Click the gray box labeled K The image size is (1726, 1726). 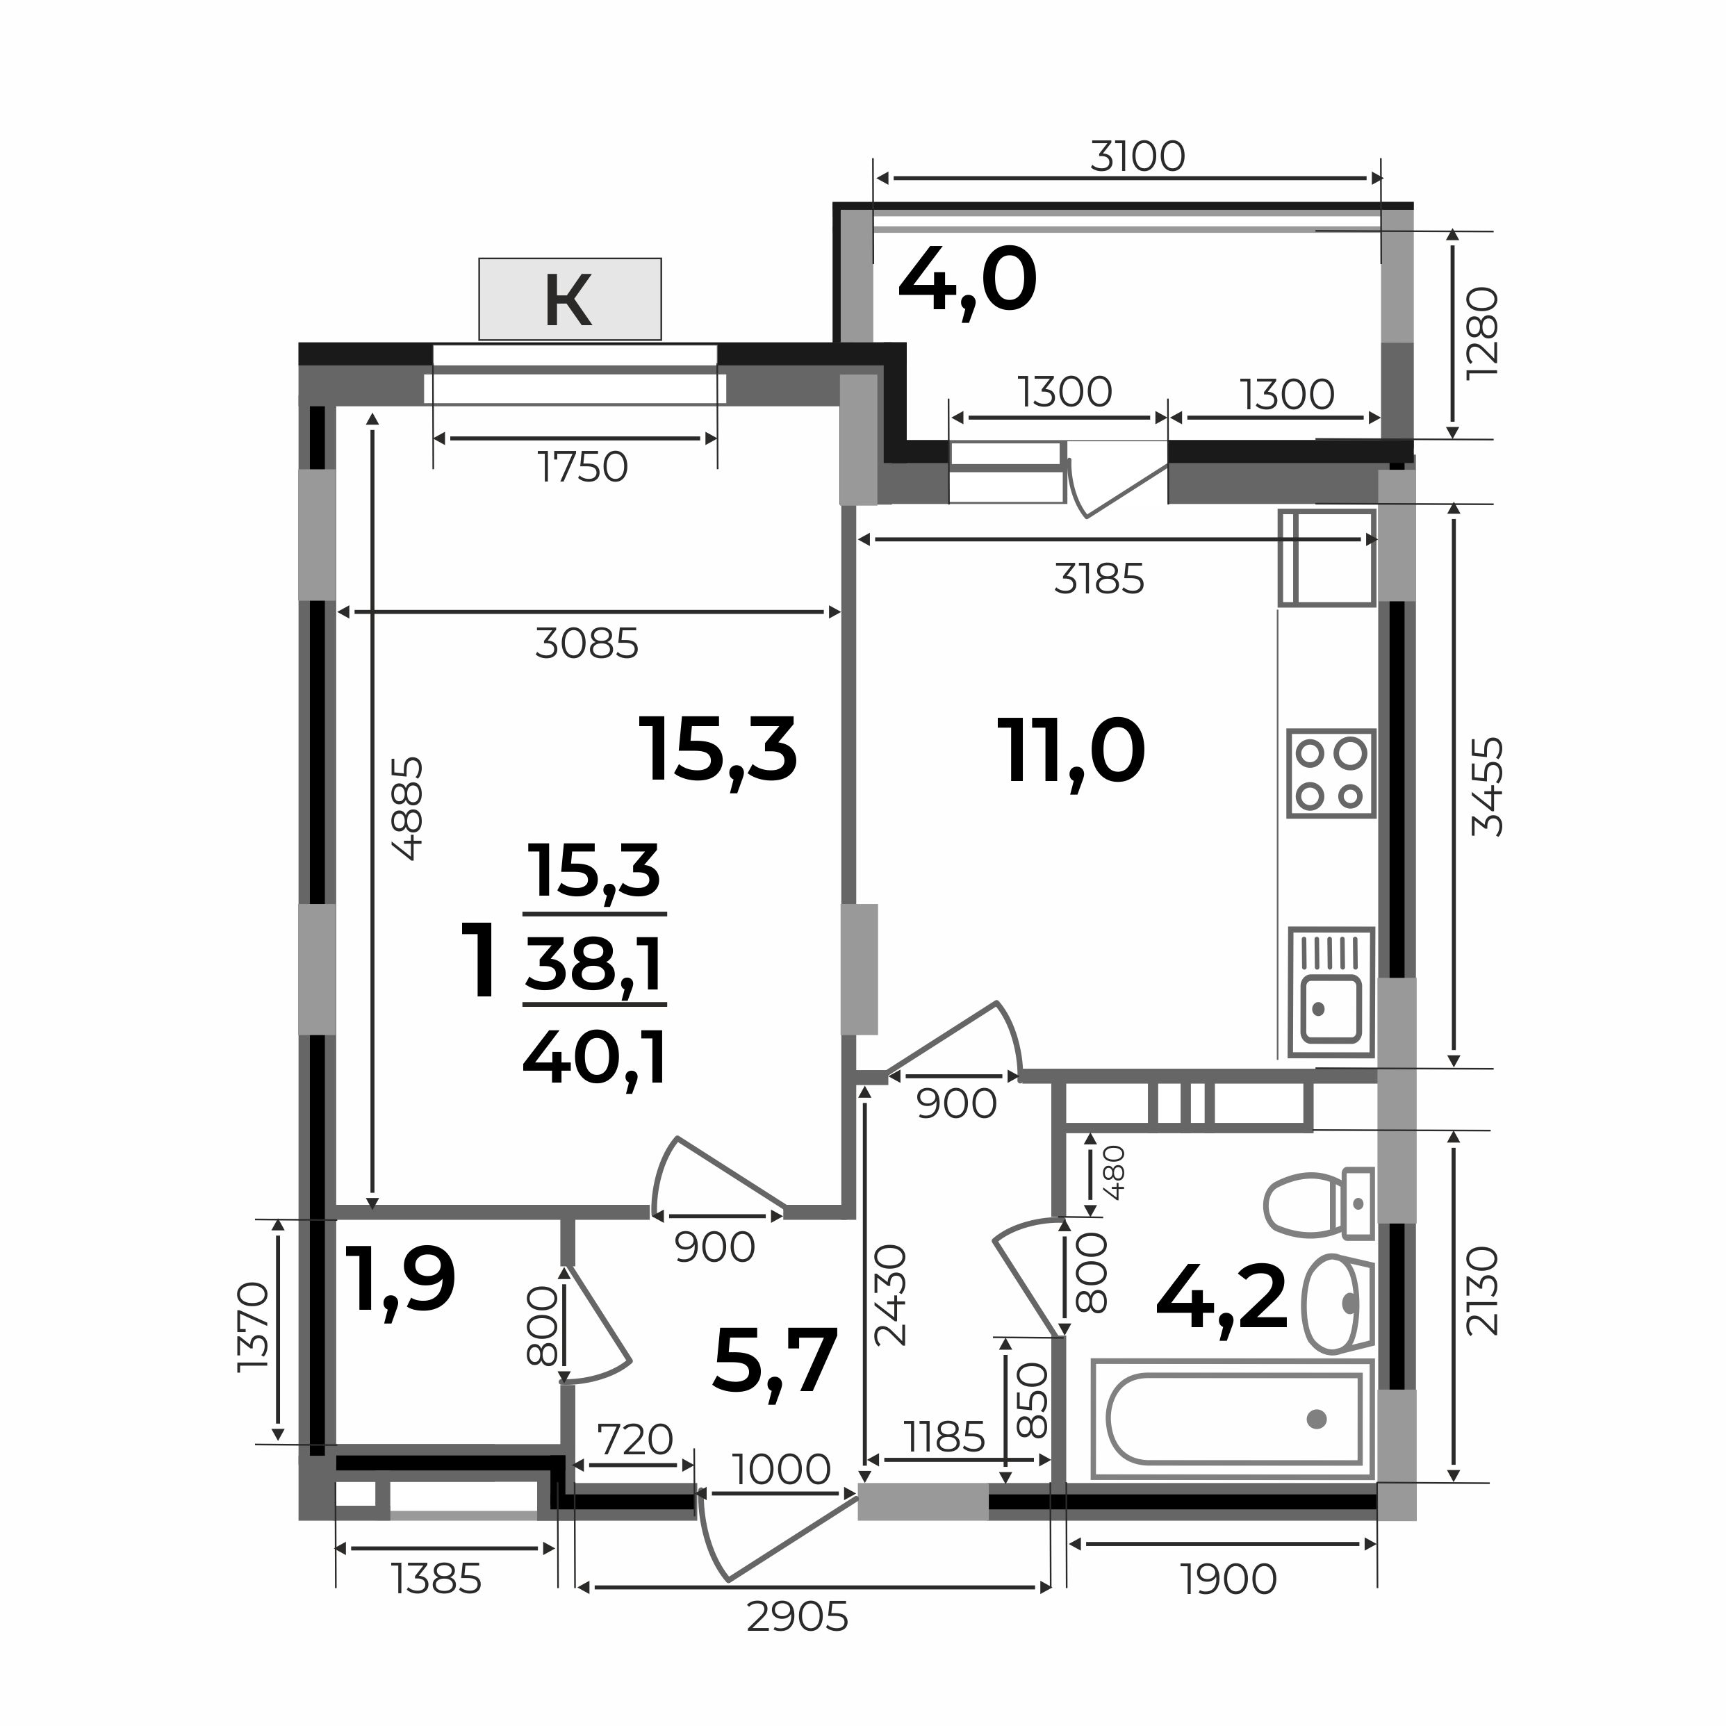(x=570, y=299)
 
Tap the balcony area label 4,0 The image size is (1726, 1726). (x=967, y=281)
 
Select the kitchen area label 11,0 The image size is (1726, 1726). (x=1071, y=755)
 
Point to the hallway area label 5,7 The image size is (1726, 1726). (x=775, y=1361)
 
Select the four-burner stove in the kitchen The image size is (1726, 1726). (x=1330, y=773)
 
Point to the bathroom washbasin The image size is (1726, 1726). (x=1338, y=1304)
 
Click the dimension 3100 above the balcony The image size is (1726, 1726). (x=1137, y=157)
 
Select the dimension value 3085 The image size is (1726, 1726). (x=587, y=643)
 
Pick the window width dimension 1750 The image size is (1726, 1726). (x=582, y=466)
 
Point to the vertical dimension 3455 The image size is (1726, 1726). (x=1488, y=786)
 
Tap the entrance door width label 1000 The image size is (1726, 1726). (x=781, y=1469)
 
